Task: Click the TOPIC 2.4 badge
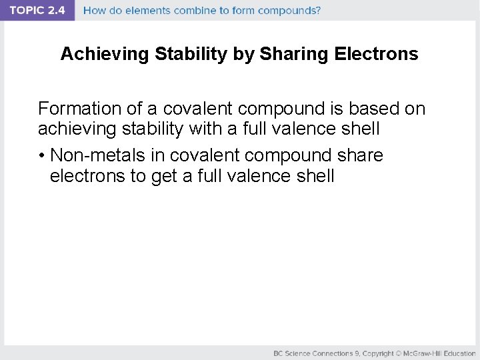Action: click(37, 11)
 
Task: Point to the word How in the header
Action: click(94, 11)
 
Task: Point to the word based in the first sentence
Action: click(373, 109)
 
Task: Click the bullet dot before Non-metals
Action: click(41, 156)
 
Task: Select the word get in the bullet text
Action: click(164, 176)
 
